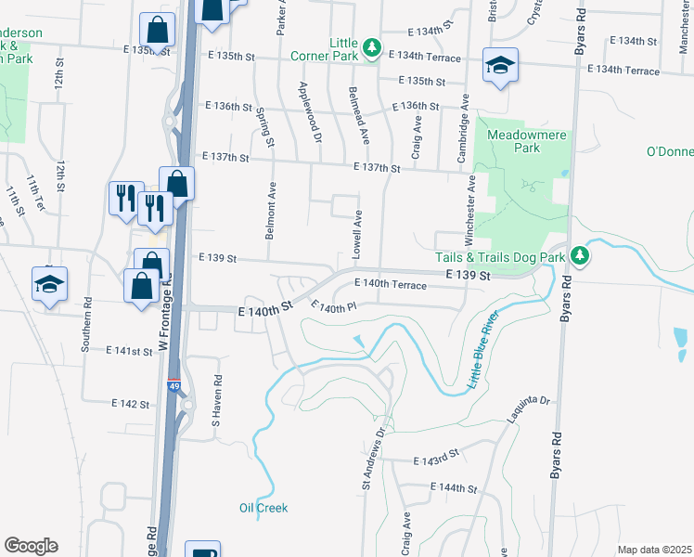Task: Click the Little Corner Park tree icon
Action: point(371,46)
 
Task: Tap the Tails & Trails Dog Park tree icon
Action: point(580,254)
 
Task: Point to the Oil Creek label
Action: point(263,508)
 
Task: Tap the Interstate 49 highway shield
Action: point(174,385)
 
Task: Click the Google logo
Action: point(31,546)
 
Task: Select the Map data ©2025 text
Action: point(654,550)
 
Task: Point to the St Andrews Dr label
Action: point(372,458)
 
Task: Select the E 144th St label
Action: point(453,488)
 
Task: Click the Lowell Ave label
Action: point(357,234)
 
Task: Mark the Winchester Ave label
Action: point(470,202)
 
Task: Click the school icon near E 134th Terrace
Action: point(499,66)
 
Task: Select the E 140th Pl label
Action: point(333,307)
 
